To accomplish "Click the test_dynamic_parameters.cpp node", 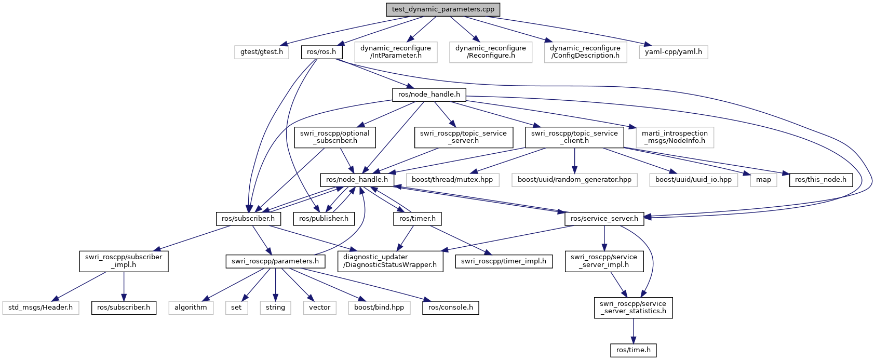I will coord(443,9).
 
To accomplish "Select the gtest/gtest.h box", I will coord(262,52).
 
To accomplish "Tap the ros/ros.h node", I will coord(321,52).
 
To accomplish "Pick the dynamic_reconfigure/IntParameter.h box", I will coord(396,52).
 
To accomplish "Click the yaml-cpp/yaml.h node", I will coord(674,52).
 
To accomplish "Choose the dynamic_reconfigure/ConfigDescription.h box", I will coord(585,52).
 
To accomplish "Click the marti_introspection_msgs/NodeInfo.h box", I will coord(675,137).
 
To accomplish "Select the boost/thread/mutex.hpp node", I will coord(452,180).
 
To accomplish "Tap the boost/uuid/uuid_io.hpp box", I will coord(693,180).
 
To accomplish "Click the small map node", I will coord(764,180).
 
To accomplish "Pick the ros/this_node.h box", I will coord(820,180).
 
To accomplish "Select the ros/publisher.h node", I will coord(324,219).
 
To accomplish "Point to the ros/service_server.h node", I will coord(604,219).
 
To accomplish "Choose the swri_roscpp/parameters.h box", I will coord(275,261).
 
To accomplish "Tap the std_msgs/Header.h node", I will coord(41,308).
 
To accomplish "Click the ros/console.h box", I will coord(450,308).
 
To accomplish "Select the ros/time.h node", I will coord(633,350).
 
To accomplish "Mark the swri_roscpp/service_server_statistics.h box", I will coord(633,308).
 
